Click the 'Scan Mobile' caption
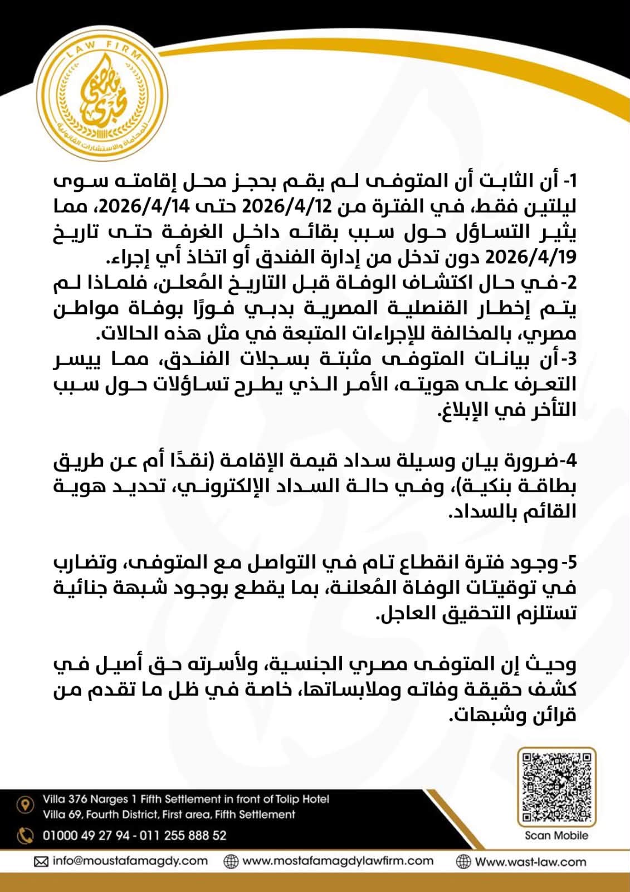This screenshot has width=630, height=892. coord(556,835)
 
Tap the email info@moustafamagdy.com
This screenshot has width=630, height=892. coord(130,861)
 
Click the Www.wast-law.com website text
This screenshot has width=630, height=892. coord(531,861)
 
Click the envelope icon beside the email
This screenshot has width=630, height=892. coord(41,862)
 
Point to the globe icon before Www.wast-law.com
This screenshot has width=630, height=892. coord(463,861)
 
